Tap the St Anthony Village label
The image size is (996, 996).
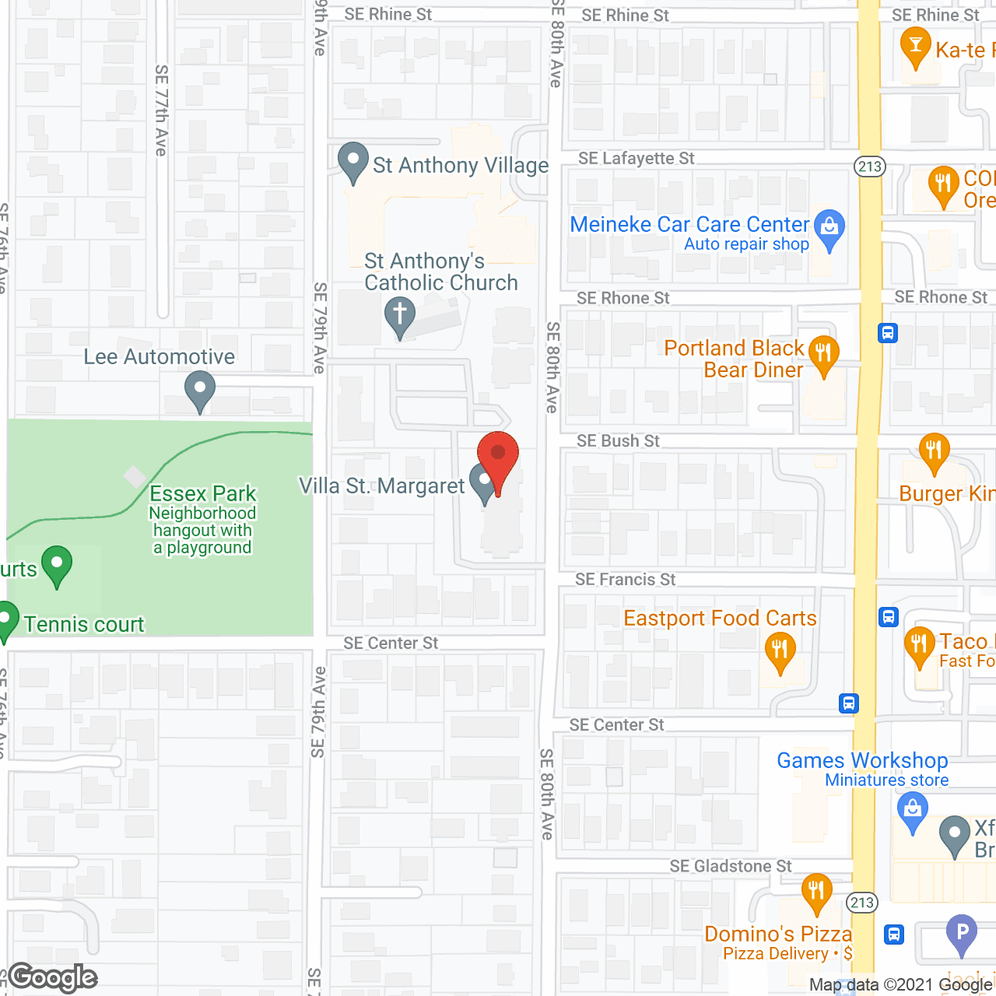pos(460,165)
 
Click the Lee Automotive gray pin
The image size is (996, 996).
pos(200,388)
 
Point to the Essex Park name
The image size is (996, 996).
pos(202,493)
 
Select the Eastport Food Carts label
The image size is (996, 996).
pos(720,618)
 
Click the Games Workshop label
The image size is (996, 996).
pos(862,760)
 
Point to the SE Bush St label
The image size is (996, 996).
pos(618,441)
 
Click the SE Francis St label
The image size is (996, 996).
pos(625,579)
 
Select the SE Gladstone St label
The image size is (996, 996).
pos(731,866)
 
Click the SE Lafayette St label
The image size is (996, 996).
pos(636,158)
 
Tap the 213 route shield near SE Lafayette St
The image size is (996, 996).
pos(869,166)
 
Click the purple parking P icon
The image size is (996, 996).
pos(962,931)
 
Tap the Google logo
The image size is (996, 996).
pos(53,977)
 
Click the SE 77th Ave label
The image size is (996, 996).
pos(161,110)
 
